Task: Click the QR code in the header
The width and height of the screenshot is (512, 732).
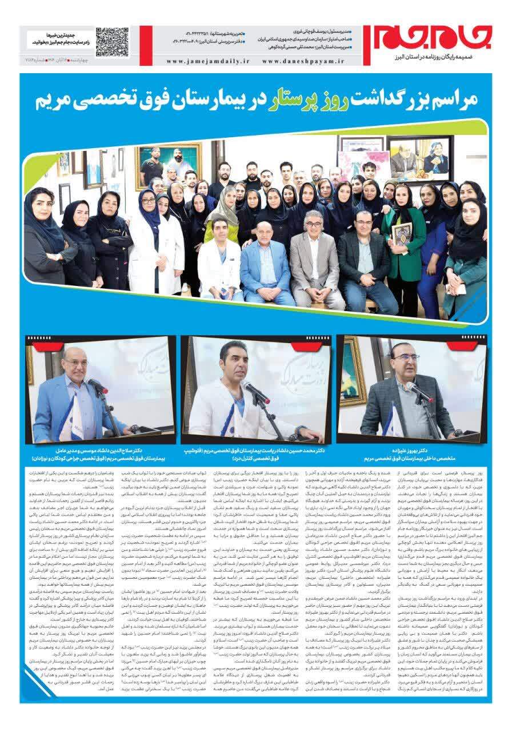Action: tap(111, 41)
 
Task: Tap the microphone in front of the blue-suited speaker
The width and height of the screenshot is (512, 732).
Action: tap(98, 387)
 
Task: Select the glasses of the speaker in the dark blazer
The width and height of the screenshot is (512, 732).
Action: tap(407, 358)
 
